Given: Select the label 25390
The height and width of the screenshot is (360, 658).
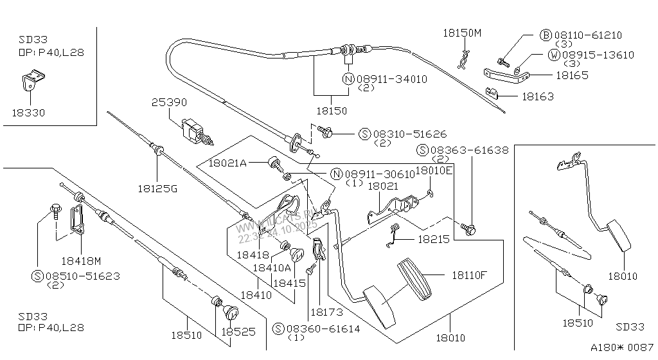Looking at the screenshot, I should point(169,102).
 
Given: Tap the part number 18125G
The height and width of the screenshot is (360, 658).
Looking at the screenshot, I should point(156,189).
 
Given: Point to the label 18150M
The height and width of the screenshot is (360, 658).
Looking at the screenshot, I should point(461,33).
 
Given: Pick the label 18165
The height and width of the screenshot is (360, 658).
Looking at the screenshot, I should point(555,75).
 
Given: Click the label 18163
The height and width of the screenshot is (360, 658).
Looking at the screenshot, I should point(538,96).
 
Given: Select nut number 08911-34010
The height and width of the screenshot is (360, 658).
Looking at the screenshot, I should point(392,79).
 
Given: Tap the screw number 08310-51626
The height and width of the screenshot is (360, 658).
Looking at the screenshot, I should point(409,134).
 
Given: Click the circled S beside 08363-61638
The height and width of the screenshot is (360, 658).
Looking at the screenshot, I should point(422,150).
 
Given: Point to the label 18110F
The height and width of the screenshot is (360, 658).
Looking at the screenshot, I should point(468,275).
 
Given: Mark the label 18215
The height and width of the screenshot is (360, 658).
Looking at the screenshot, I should point(434,238).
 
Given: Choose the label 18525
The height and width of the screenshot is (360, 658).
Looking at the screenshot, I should point(238,332).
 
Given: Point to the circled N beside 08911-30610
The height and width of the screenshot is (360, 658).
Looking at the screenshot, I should point(337,174).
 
